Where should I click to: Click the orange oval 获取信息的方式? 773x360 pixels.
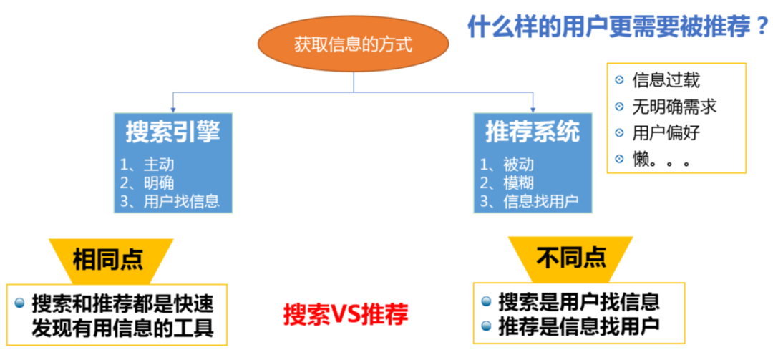coord(353,44)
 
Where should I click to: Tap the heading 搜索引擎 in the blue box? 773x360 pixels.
coord(172,132)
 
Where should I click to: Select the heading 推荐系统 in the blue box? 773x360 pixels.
coord(533,132)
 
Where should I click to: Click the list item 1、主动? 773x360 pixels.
coord(147,165)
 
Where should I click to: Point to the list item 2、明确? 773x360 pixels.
coord(147,183)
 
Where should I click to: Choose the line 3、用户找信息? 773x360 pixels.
coord(170,200)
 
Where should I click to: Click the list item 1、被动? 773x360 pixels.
coord(507,165)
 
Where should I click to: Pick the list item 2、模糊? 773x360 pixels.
coord(507,183)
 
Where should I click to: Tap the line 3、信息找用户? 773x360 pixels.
coord(529,200)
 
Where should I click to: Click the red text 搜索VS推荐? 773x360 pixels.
coord(346,314)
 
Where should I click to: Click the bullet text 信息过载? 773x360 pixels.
coord(666,80)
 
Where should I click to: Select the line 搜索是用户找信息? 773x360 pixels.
coord(579,301)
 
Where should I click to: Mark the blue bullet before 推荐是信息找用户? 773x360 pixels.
coord(487,326)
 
